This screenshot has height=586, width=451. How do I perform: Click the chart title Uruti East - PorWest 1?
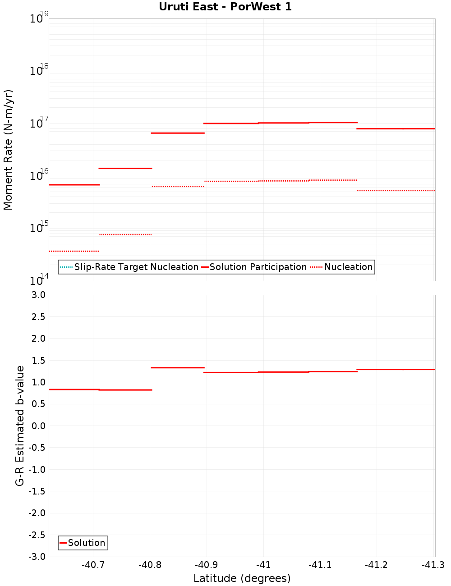225,7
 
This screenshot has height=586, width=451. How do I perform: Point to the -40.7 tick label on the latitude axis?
93,565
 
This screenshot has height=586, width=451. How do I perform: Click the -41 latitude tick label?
263,565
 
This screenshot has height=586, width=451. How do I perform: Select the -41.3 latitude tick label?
433,565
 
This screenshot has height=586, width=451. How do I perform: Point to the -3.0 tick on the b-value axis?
37,557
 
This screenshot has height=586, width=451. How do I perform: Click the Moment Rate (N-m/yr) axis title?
8,150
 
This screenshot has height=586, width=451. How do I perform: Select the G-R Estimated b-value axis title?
20,426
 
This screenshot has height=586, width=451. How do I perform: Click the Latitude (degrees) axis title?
242,578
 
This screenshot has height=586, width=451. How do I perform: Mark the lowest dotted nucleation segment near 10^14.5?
74,251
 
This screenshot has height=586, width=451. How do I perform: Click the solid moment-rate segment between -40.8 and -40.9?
178,133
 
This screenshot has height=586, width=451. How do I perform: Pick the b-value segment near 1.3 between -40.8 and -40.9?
178,368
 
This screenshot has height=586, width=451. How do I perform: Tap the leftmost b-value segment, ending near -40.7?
74,389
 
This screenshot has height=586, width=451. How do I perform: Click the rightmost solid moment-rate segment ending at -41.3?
396,129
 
